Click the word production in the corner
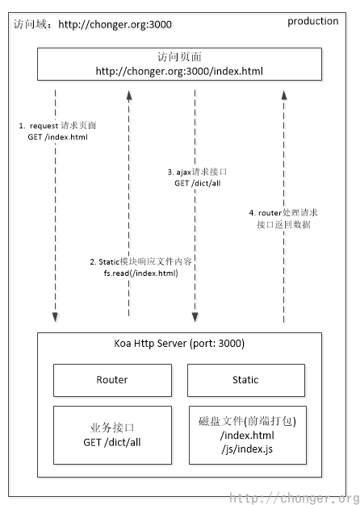(312, 22)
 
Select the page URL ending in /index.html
(179, 71)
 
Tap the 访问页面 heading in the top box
(179, 58)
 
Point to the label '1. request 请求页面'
(63, 127)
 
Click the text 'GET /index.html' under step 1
(57, 138)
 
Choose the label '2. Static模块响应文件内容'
(144, 263)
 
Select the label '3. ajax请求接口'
(194, 172)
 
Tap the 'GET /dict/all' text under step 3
(194, 183)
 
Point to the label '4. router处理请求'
(283, 212)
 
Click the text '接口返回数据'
(283, 223)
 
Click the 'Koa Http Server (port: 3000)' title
(179, 344)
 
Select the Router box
(112, 380)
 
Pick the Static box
(245, 380)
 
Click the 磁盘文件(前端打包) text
(246, 422)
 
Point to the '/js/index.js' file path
(246, 448)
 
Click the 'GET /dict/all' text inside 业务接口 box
(112, 442)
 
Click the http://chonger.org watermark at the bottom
(294, 498)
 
